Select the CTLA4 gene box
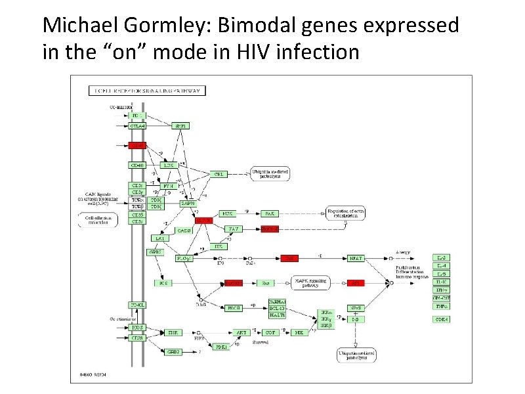(137, 125)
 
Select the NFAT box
(355, 259)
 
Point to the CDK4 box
(442, 319)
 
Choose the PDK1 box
(221, 346)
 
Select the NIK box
(299, 333)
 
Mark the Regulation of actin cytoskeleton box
(345, 213)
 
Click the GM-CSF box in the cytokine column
(442, 297)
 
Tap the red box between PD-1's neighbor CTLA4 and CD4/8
(137, 145)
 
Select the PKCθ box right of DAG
(234, 307)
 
